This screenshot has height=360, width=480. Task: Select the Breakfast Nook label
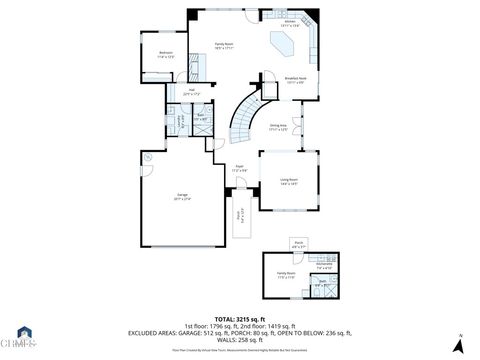coord(296,79)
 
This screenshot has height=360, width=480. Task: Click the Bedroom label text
coord(166,54)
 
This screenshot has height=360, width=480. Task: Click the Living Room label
coord(289,181)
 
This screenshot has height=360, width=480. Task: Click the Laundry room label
coord(181,124)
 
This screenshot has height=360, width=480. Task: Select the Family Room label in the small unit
coord(286,274)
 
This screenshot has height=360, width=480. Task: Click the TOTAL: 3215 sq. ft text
coord(240,317)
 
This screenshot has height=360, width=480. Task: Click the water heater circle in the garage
coord(147,159)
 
